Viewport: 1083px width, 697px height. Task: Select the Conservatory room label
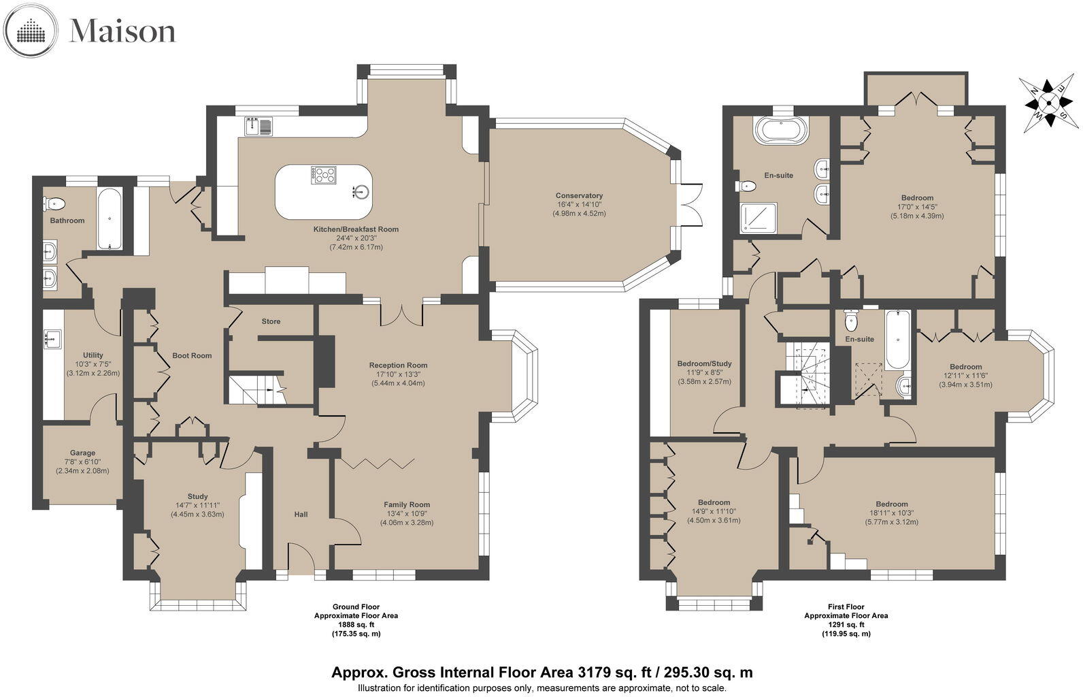(579, 196)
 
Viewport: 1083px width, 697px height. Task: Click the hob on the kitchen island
(324, 175)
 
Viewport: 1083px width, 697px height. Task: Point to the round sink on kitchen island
(361, 191)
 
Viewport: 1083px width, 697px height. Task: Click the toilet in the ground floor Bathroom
(54, 203)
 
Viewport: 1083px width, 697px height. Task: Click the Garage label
(82, 453)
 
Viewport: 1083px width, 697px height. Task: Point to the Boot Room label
(192, 355)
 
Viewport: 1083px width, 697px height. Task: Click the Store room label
(271, 321)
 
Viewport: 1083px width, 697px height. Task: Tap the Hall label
(301, 514)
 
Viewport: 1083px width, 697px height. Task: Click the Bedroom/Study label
(704, 363)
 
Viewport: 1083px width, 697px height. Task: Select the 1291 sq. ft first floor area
(846, 624)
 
